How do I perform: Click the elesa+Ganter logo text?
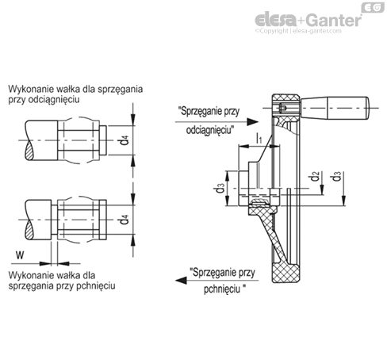[x=308, y=20]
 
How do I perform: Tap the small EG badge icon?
[x=373, y=7]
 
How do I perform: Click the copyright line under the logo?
[x=298, y=31]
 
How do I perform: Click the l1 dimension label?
[x=259, y=139]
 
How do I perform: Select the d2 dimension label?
[x=315, y=176]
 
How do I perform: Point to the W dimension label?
[x=20, y=255]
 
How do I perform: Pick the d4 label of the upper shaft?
[x=124, y=140]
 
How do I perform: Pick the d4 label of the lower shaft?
[x=124, y=220]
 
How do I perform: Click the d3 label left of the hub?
[x=220, y=188]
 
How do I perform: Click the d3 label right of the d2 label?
[x=336, y=176]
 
